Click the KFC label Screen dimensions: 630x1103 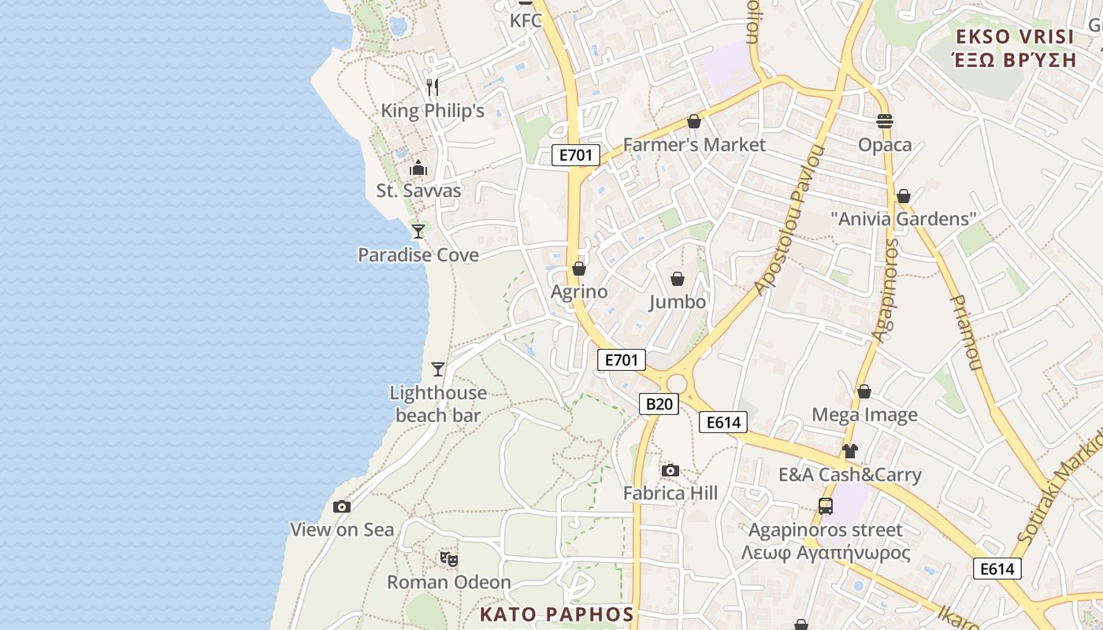point(526,20)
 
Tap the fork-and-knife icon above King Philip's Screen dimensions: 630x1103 point(432,87)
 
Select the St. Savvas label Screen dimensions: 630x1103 point(418,191)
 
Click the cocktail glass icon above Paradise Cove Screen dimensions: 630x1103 point(418,231)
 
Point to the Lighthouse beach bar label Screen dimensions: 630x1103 point(438,404)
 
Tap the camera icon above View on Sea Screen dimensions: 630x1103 point(341,506)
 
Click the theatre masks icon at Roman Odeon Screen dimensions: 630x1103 point(449,559)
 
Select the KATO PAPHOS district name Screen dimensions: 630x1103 point(557,614)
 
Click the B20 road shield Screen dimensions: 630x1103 point(658,404)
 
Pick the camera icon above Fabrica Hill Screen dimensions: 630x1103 point(670,470)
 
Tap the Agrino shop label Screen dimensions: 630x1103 point(579,292)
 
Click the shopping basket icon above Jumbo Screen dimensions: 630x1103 point(678,279)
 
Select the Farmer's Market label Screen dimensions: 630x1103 point(694,145)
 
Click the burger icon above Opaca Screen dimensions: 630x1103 point(885,121)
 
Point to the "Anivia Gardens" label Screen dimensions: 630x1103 point(904,219)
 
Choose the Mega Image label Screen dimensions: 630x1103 point(864,415)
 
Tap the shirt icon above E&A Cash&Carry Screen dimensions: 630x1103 point(849,451)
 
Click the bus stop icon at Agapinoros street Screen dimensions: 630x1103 point(825,506)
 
